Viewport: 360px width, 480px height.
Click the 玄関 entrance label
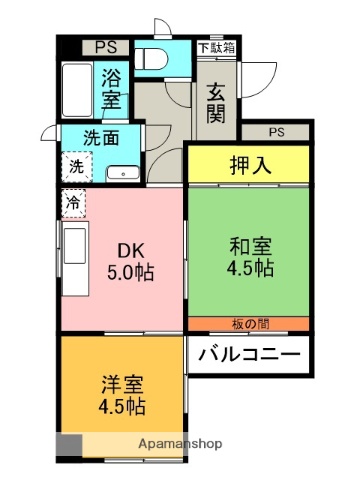pyautogui.click(x=215, y=101)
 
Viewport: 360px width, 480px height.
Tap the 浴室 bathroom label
pyautogui.click(x=113, y=88)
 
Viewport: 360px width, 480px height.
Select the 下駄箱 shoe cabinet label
pyautogui.click(x=215, y=47)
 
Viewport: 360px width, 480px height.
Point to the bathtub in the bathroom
pyautogui.click(x=76, y=90)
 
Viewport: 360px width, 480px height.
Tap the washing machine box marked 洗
pyautogui.click(x=76, y=167)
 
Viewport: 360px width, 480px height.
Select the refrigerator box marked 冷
pyautogui.click(x=73, y=202)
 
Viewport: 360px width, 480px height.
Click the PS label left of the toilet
pyautogui.click(x=106, y=46)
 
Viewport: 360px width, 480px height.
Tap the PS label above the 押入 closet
pyautogui.click(x=275, y=132)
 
